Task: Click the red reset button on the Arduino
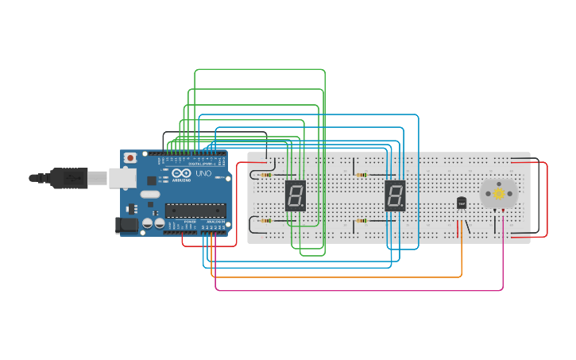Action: pos(130,158)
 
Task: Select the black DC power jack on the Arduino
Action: pos(126,225)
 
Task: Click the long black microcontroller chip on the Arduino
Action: pos(195,211)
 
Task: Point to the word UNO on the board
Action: pos(203,173)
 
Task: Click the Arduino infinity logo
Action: pos(181,173)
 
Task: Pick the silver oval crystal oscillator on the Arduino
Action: pos(149,194)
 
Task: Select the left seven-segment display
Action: pos(295,195)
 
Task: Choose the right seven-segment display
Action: pos(395,195)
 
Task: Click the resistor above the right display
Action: pos(362,175)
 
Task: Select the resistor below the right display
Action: pos(362,220)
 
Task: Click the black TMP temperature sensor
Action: pos(462,203)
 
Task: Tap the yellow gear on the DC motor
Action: pos(499,193)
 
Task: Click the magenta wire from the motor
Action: pos(358,290)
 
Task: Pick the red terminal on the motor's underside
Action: pos(503,211)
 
